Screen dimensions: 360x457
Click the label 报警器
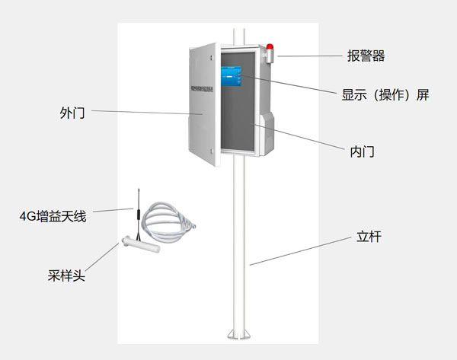[x=366, y=56]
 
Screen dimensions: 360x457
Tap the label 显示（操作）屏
[x=386, y=97]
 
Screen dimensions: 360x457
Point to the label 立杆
[x=369, y=237]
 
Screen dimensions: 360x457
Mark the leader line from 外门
[x=145, y=113]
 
